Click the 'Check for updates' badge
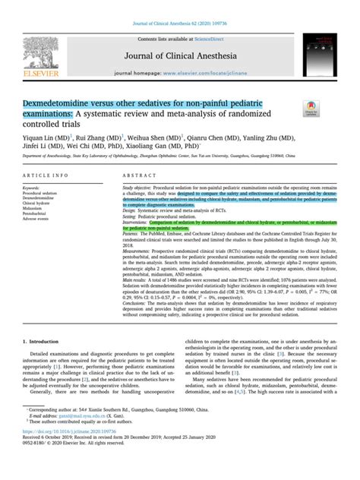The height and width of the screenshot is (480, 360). [x=311, y=109]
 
